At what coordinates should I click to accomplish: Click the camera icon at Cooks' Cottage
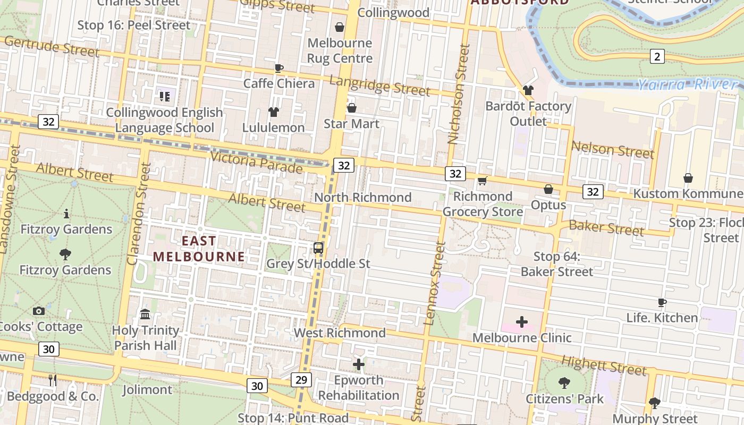click(39, 311)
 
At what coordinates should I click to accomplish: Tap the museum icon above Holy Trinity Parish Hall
click(145, 314)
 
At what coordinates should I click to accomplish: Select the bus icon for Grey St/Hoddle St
click(318, 248)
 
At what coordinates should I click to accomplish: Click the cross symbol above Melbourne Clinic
click(522, 322)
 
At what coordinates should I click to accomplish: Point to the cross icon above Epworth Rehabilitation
click(359, 364)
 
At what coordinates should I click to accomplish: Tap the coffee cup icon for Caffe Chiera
click(278, 68)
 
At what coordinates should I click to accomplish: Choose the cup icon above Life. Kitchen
click(662, 303)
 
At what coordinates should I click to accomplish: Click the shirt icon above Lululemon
click(273, 112)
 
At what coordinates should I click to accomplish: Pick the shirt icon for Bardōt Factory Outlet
click(528, 90)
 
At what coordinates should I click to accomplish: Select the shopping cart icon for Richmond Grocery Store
click(482, 181)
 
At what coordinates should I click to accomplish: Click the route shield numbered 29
click(301, 379)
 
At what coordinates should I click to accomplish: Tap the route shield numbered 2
click(657, 56)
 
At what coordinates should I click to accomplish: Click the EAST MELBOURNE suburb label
click(199, 249)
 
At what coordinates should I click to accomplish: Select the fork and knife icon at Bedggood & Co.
click(52, 380)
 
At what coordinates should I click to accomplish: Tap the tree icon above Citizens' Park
click(564, 382)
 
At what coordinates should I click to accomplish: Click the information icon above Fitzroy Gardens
click(66, 214)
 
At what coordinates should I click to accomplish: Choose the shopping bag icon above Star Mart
click(351, 108)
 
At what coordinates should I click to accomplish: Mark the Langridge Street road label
click(379, 86)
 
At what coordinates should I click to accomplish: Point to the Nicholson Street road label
click(459, 94)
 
